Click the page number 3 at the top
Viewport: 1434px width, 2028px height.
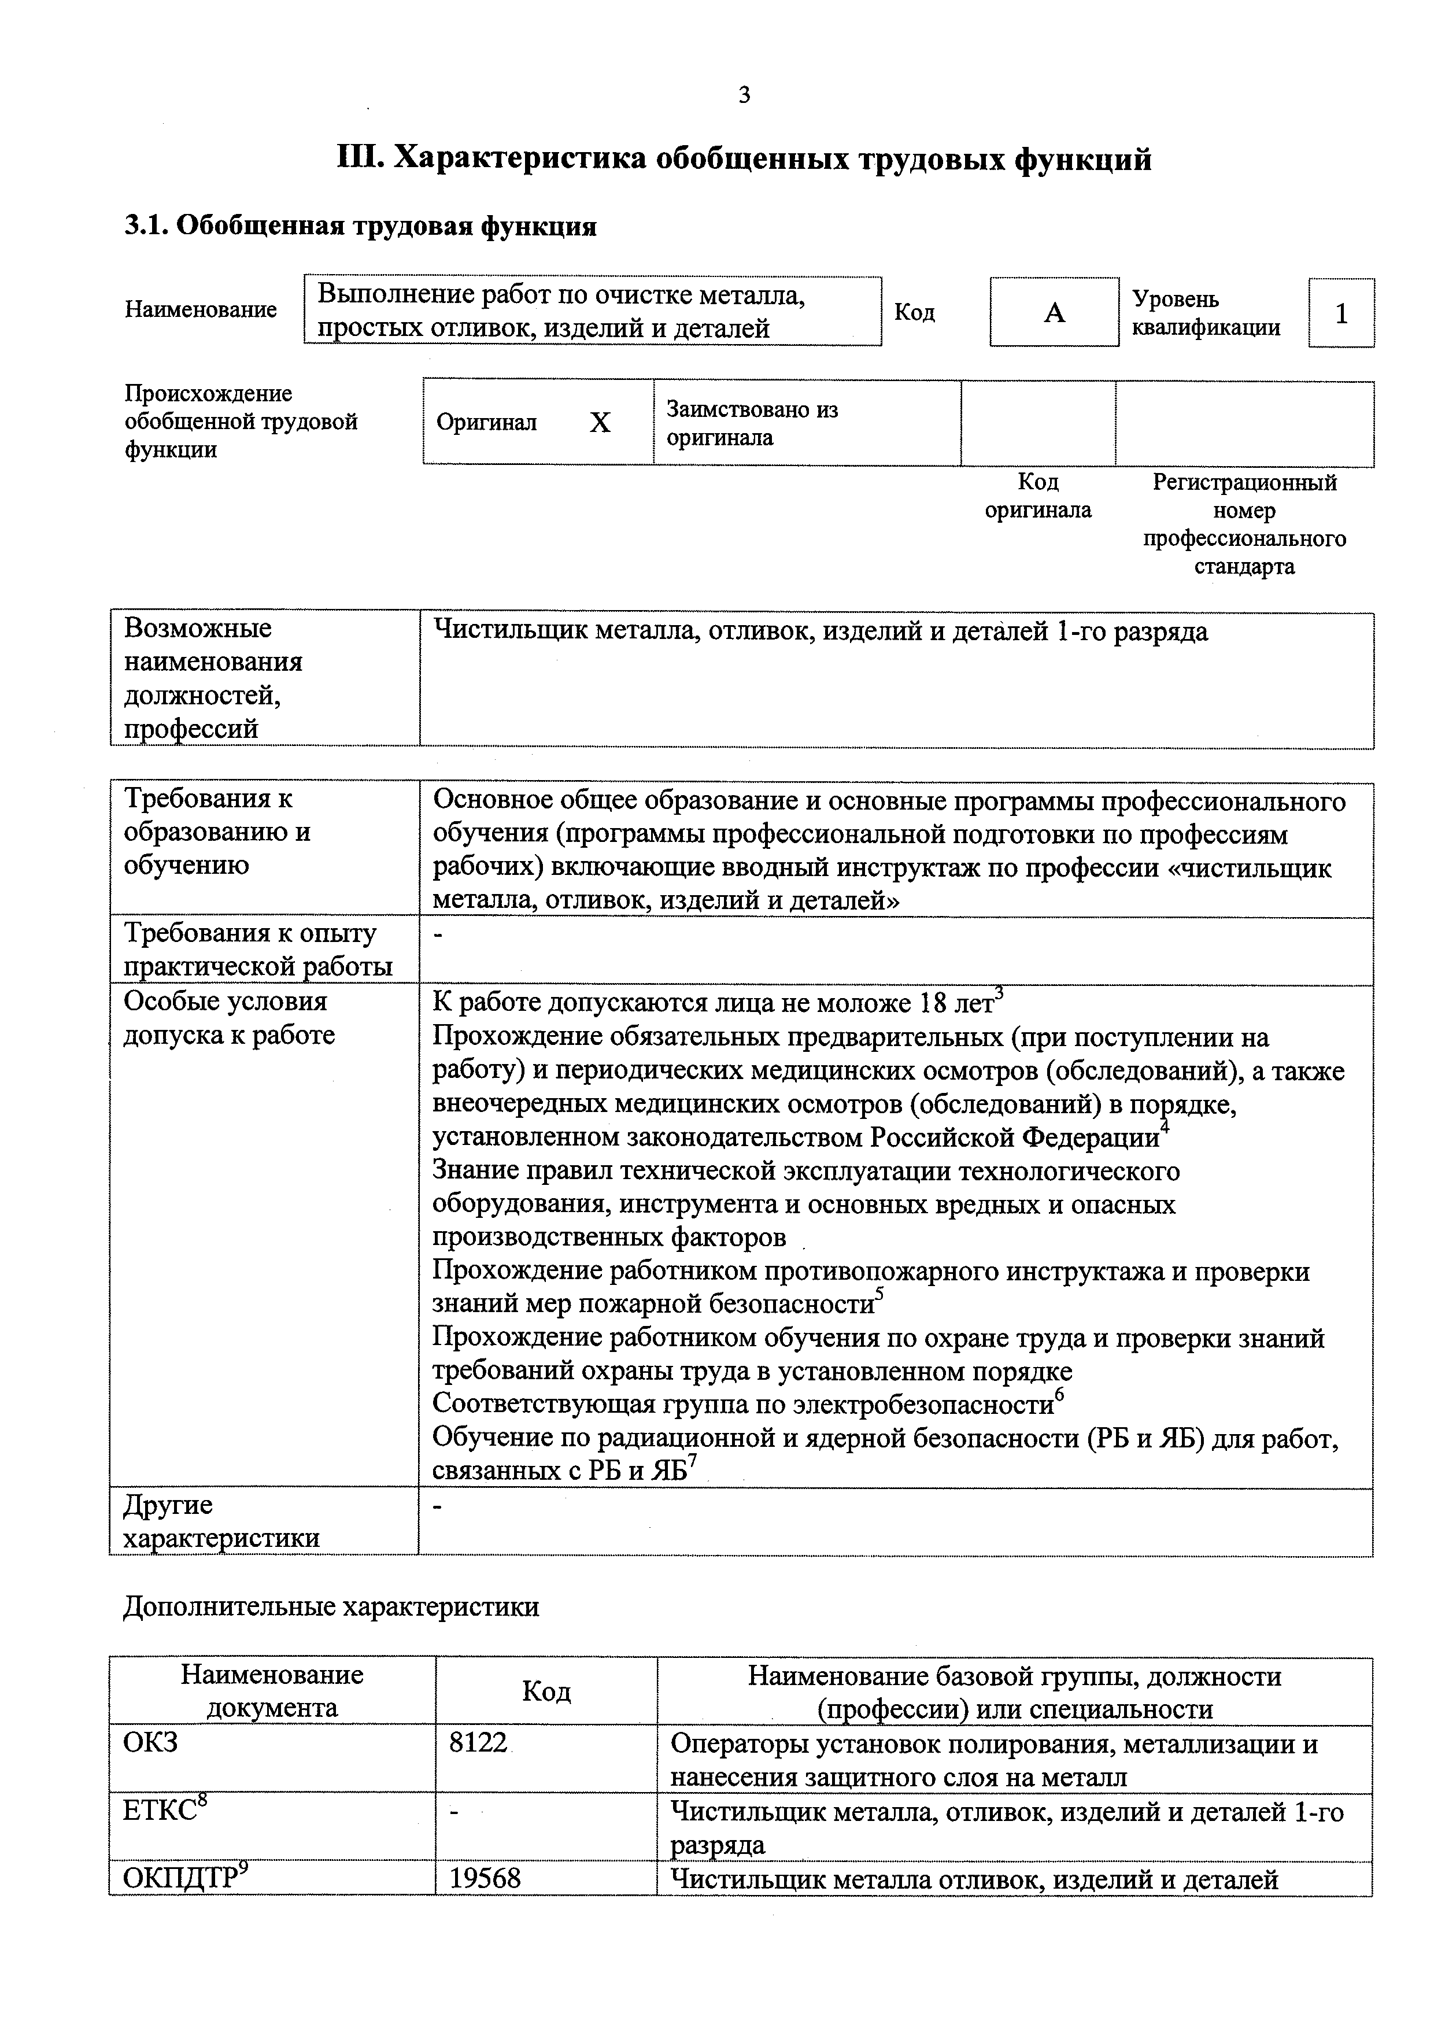click(x=744, y=95)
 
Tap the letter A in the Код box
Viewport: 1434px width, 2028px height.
click(x=1054, y=313)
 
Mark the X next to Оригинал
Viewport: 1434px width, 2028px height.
click(x=600, y=423)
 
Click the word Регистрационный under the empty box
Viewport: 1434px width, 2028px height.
click(x=1244, y=482)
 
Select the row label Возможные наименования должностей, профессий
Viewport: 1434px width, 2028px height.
click(x=213, y=678)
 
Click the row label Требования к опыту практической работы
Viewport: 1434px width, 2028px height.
click(x=257, y=951)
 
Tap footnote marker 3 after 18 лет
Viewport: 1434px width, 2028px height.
click(x=1000, y=993)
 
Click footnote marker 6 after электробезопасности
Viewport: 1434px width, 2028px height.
click(x=1060, y=1394)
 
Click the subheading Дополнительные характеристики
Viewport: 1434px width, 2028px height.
click(x=331, y=1606)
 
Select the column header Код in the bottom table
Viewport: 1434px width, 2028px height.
click(x=546, y=1691)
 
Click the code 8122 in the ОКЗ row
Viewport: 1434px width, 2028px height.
click(x=478, y=1743)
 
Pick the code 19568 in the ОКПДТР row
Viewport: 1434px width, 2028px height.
click(x=485, y=1878)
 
